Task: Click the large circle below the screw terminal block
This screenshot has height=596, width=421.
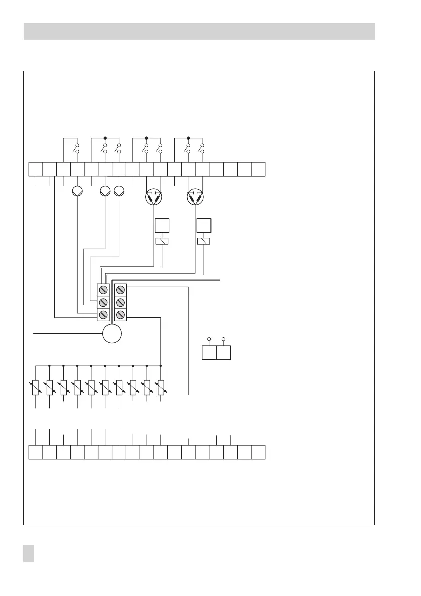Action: (112, 333)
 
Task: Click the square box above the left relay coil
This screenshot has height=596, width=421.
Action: (162, 226)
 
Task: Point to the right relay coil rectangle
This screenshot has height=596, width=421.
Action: (203, 241)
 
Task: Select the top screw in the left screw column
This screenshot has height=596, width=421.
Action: (103, 290)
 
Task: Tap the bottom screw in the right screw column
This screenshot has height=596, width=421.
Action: (120, 315)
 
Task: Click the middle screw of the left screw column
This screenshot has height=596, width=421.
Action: (103, 302)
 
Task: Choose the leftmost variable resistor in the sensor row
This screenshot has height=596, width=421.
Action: (36, 387)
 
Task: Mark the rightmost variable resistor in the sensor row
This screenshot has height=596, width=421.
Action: (160, 387)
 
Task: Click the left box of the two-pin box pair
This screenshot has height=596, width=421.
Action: (209, 353)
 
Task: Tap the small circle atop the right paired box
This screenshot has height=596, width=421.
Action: (224, 339)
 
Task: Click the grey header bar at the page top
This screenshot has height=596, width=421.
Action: (199, 31)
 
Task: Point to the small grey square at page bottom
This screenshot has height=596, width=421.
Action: (29, 554)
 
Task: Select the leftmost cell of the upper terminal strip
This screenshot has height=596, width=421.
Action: (36, 169)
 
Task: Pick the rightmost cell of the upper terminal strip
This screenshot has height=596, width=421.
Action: (258, 169)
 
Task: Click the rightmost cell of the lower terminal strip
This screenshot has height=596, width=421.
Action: (258, 452)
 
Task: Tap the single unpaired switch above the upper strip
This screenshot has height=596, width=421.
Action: (77, 149)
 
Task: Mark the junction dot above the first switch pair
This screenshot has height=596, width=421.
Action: (105, 137)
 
